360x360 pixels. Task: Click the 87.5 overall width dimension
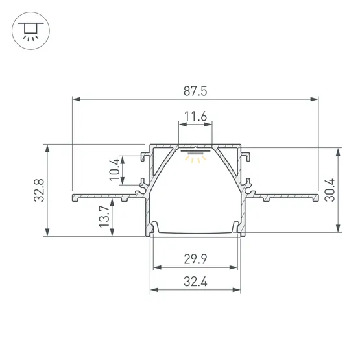(195, 91)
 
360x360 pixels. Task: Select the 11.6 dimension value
(196, 116)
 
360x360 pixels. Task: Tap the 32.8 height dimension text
(39, 190)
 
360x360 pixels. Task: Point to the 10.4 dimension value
(114, 169)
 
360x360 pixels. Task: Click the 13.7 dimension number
(104, 217)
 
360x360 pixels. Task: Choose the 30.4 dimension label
(330, 190)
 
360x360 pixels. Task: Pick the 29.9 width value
(195, 259)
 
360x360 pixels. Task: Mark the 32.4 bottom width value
(195, 282)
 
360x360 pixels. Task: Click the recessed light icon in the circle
(30, 30)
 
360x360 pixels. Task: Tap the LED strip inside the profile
(195, 151)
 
